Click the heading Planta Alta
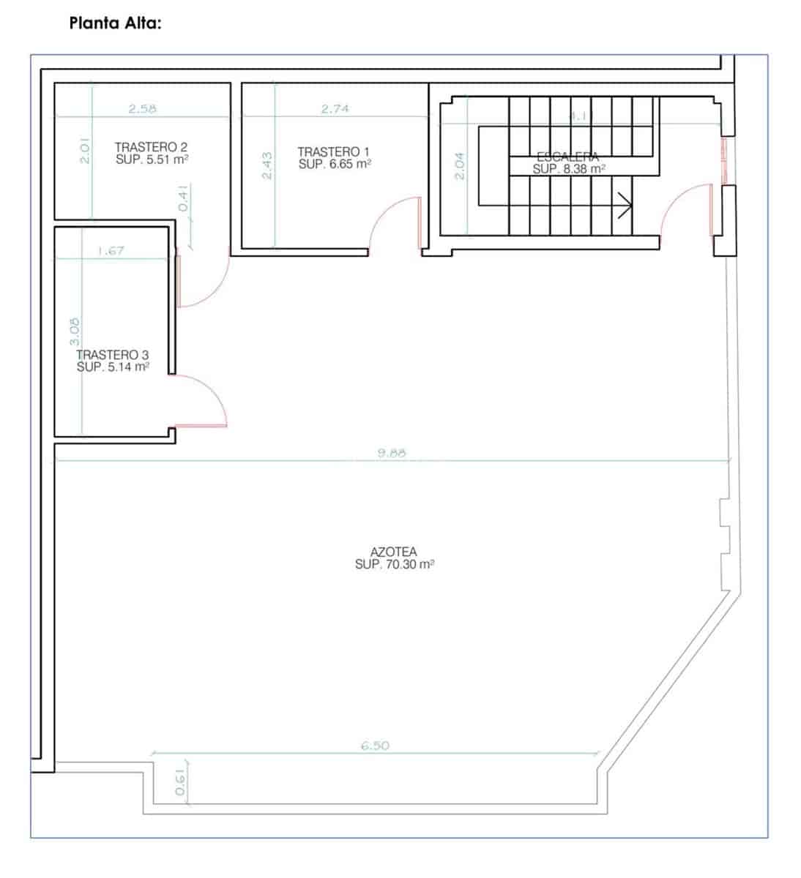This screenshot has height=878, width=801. (x=115, y=23)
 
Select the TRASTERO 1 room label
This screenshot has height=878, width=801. (x=334, y=151)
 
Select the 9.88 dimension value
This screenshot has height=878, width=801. (x=391, y=454)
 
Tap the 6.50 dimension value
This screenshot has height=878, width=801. (x=375, y=746)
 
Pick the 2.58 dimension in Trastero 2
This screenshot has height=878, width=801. (x=142, y=109)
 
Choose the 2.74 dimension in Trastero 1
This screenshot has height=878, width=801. (x=335, y=109)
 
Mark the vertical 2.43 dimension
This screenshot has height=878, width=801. (x=267, y=165)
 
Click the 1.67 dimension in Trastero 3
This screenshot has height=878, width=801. (x=111, y=250)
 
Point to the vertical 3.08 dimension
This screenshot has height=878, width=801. (x=73, y=332)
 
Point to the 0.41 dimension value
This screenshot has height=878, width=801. (x=184, y=198)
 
